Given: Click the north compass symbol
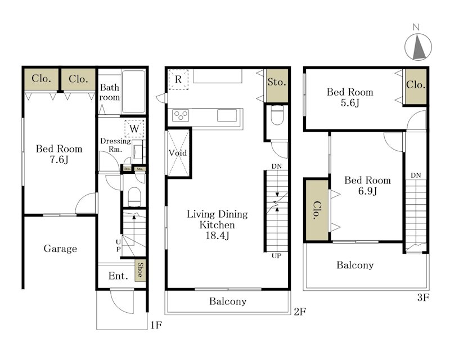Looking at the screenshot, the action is point(418,47).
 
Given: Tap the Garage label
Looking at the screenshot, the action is point(60,248).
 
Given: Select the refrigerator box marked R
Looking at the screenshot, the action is point(178,79).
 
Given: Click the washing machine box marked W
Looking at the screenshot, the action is point(134,128).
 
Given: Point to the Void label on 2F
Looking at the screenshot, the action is point(178,153).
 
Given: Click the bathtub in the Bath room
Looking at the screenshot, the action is point(133,91).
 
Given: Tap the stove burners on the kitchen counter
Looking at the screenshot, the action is point(181,115).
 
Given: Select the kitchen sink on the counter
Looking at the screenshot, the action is point(227,115).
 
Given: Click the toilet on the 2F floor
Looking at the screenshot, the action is point(277,115).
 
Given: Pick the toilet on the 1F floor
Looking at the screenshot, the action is point(134,197).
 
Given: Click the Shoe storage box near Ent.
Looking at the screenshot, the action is point(140,271).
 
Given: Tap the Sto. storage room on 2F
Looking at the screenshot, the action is point(277,85).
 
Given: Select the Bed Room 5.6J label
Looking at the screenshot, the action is point(350,97).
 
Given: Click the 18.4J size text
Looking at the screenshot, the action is point(217,236).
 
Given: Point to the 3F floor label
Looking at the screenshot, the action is point(423,298).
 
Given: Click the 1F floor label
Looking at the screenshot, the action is point(156,325).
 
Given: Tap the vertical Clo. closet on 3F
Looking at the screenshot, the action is point(317,210).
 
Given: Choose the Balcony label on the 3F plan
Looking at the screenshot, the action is point(355,265).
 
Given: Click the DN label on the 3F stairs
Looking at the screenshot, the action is point(416,175).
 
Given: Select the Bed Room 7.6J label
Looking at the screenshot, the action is point(59,154).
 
